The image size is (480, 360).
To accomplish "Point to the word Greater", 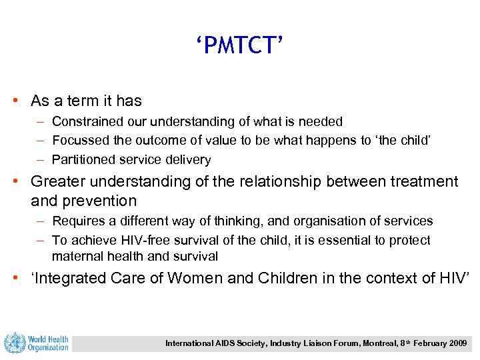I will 58,181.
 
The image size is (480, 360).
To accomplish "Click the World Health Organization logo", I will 37,343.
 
